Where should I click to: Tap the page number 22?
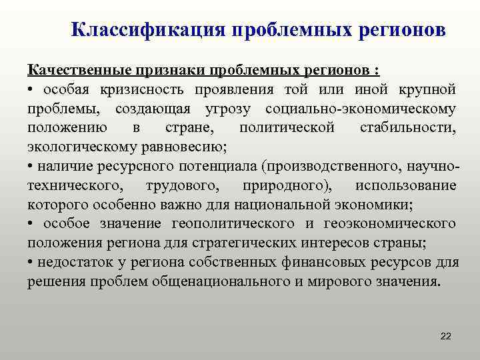[446, 336]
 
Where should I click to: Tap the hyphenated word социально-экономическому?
[361, 108]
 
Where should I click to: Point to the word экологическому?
[81, 147]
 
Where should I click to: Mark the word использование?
[406, 185]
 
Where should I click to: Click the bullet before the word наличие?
[31, 166]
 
